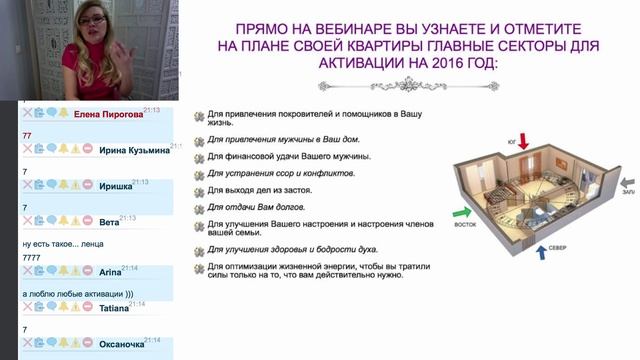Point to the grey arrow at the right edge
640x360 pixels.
[627, 185]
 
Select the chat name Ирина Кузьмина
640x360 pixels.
[133, 150]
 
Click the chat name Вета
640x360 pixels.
[110, 219]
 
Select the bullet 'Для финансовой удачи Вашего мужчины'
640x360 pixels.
[289, 157]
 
